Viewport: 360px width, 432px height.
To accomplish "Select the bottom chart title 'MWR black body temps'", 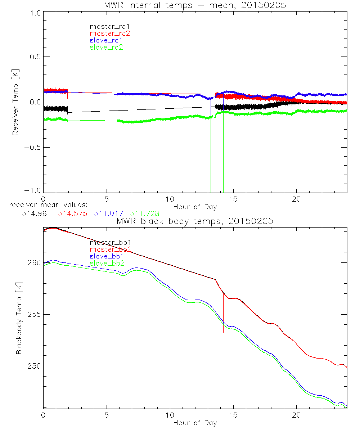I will coord(195,221).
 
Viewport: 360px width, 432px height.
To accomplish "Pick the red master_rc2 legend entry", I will coord(109,33).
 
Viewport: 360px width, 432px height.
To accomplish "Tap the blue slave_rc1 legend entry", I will coord(107,40).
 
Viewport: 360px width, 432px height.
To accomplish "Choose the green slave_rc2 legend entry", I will coord(107,47).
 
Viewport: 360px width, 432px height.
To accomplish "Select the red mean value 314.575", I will coord(72,213).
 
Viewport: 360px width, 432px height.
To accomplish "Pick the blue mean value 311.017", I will coord(109,213).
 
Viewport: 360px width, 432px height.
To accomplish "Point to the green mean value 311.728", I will coord(145,213).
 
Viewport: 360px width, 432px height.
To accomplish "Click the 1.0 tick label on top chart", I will coord(35,12).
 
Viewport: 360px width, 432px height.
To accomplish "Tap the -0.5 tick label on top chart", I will coord(33,148).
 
